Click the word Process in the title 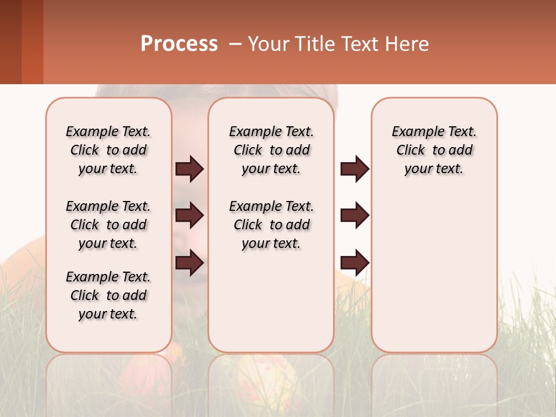coord(178,44)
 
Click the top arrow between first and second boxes coord(189,169)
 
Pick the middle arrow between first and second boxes coord(189,215)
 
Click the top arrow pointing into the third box coord(354,169)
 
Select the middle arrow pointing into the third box coord(354,215)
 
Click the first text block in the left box coord(108,150)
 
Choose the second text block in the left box coord(108,225)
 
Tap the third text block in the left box coord(108,295)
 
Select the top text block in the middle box coord(271,150)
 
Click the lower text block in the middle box coord(271,225)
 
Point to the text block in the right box coord(434,150)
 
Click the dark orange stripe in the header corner coord(32,42)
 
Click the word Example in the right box coord(414,131)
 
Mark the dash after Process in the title coord(234,44)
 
